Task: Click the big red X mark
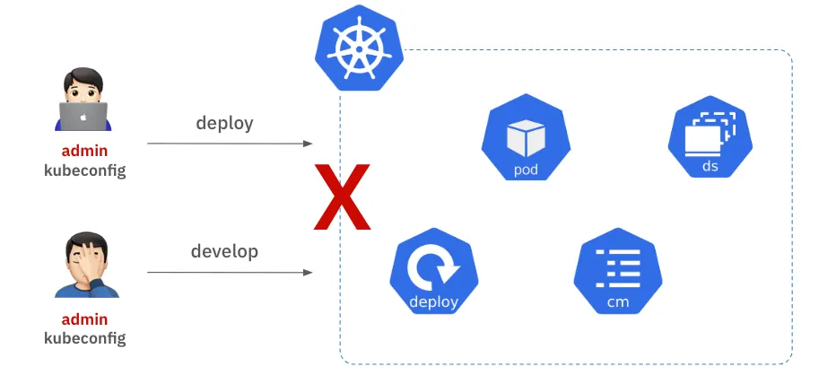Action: point(342,196)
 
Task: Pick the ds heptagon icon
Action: point(710,138)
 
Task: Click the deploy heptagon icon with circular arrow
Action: point(434,272)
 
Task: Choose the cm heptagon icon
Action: point(617,272)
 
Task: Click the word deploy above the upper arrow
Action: point(225,123)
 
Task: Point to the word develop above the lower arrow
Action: point(224,251)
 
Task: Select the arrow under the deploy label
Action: point(230,144)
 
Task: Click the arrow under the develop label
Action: point(230,272)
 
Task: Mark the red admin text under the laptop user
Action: point(84,151)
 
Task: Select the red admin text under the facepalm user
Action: point(84,319)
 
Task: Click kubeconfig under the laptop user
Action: point(84,170)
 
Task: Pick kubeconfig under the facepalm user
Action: point(84,338)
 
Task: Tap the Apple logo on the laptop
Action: point(84,117)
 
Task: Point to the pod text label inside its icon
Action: point(526,169)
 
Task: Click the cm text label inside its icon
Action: point(617,301)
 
